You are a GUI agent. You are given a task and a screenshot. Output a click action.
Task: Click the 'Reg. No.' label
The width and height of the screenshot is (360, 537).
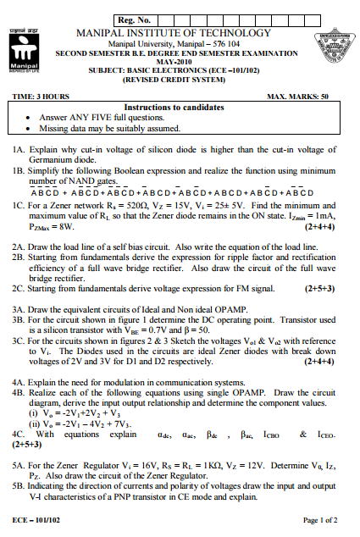135,19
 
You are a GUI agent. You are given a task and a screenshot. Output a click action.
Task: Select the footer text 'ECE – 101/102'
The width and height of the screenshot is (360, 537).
34,518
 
